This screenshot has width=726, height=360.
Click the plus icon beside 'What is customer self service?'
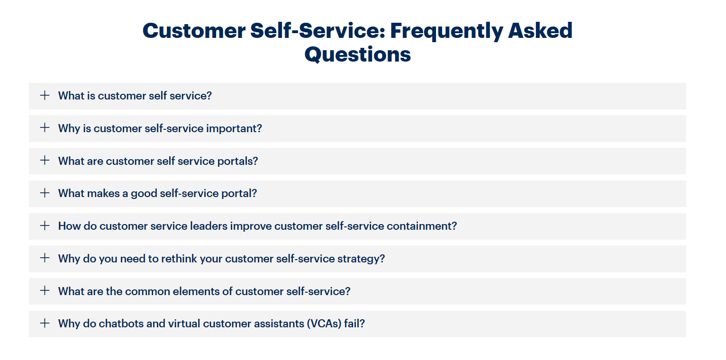tap(45, 95)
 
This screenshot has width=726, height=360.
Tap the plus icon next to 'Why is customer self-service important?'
tap(45, 128)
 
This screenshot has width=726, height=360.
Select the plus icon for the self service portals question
tap(45, 161)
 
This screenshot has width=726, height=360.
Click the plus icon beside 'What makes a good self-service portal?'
tap(45, 193)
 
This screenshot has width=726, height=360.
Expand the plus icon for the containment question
tap(45, 225)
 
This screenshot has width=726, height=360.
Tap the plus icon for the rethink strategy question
tap(45, 258)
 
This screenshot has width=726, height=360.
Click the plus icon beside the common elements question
tap(45, 290)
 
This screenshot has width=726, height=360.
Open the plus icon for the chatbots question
tap(45, 323)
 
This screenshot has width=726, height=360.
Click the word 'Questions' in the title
tap(357, 55)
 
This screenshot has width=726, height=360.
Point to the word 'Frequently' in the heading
tap(446, 31)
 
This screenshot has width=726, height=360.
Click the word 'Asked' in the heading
tap(540, 30)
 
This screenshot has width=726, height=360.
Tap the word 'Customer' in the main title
tap(194, 31)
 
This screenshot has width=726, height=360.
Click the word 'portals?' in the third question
tap(237, 161)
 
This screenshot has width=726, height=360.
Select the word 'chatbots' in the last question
tap(121, 324)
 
